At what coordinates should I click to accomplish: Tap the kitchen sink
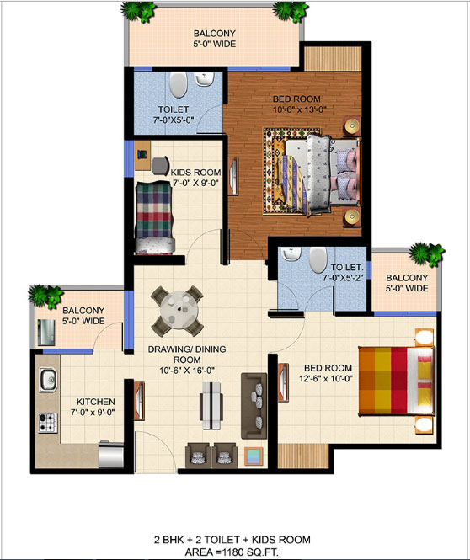48,379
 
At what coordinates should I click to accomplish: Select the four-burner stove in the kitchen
48,423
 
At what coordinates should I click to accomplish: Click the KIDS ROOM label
195,172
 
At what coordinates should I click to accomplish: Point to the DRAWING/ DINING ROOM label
187,354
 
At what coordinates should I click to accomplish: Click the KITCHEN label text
96,402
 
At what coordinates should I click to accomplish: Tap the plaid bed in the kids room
155,218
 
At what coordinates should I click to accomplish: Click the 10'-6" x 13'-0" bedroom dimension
300,109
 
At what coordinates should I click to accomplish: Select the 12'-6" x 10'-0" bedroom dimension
326,378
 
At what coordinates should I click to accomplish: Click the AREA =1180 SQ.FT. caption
232,552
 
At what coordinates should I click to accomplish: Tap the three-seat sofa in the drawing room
254,406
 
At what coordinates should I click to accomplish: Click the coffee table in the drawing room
211,405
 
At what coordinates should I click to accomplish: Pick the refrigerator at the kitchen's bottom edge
110,454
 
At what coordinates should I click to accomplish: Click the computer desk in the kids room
142,155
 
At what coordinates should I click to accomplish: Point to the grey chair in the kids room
160,166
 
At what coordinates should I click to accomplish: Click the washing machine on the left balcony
46,333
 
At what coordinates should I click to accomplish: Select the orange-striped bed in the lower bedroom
397,381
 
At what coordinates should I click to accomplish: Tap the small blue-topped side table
254,456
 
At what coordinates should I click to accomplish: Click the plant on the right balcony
427,254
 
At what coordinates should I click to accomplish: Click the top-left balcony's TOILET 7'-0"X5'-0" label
174,115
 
